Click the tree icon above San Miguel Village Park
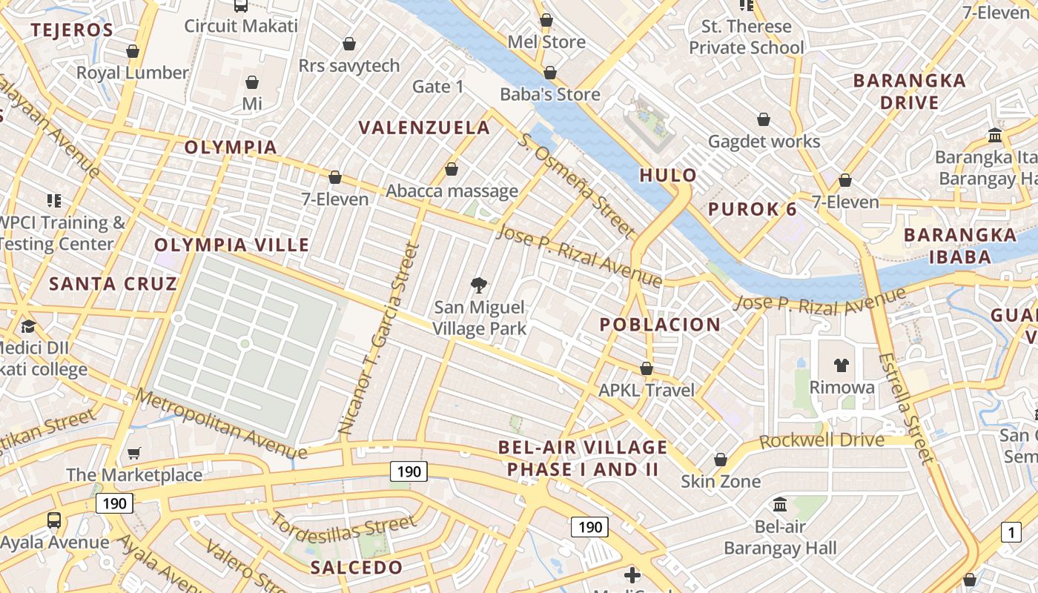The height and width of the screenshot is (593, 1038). (x=480, y=285)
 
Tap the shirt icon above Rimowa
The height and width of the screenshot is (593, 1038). (x=841, y=365)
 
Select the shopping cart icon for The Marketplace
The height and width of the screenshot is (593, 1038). (x=134, y=453)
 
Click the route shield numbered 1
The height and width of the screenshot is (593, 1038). (x=1011, y=531)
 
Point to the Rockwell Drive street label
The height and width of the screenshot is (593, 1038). (x=822, y=440)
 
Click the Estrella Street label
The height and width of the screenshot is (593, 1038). (x=905, y=407)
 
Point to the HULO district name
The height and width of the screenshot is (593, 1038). (x=668, y=176)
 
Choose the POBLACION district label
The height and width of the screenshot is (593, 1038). (x=659, y=325)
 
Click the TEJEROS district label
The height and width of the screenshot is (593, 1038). (x=71, y=30)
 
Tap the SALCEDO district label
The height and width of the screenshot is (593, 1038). (x=357, y=568)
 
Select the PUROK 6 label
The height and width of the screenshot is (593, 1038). (x=752, y=209)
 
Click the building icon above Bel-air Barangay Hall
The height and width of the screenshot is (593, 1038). (x=779, y=505)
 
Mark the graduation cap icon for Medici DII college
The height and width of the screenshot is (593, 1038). (x=28, y=326)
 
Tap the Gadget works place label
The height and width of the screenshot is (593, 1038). (x=764, y=141)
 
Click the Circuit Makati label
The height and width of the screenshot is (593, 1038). (x=241, y=26)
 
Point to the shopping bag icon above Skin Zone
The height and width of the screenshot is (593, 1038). (x=720, y=460)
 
